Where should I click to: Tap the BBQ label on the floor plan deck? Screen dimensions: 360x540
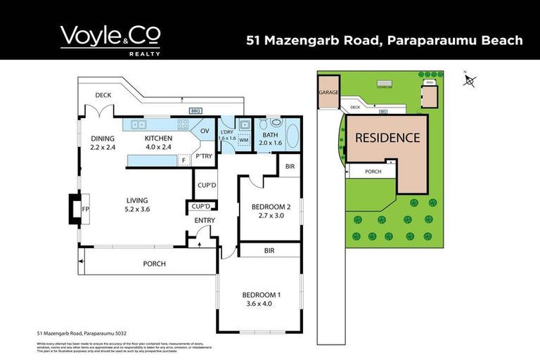pyautogui.click(x=195, y=111)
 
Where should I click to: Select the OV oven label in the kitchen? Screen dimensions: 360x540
pyautogui.click(x=205, y=131)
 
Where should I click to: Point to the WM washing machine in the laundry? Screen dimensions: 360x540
pyautogui.click(x=243, y=141)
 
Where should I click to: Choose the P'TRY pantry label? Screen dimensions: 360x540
pyautogui.click(x=204, y=156)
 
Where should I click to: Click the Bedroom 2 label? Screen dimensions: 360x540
pyautogui.click(x=271, y=207)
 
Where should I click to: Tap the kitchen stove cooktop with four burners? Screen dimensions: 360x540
pyautogui.click(x=183, y=124)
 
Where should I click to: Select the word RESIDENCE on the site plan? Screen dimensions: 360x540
pyautogui.click(x=387, y=139)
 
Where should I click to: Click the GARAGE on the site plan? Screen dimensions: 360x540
pyautogui.click(x=328, y=93)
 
